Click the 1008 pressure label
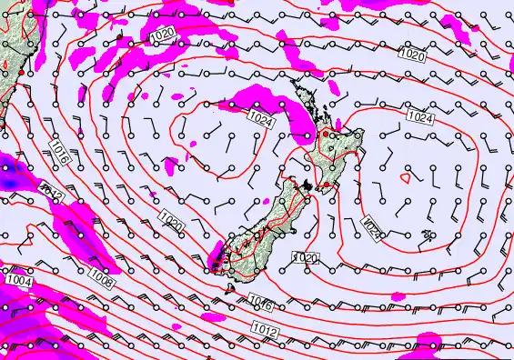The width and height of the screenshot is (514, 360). pos(102,283)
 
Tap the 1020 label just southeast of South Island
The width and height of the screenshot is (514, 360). pos(305,258)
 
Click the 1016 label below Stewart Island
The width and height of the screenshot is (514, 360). pos(261,305)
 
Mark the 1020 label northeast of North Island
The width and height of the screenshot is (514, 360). pos(412,55)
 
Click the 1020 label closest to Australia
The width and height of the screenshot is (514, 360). pos(162,35)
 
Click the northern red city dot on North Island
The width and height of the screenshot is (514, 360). pos(324,134)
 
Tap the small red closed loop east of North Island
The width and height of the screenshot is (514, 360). pos(428,235)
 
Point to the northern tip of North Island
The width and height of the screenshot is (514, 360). pos(293,82)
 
